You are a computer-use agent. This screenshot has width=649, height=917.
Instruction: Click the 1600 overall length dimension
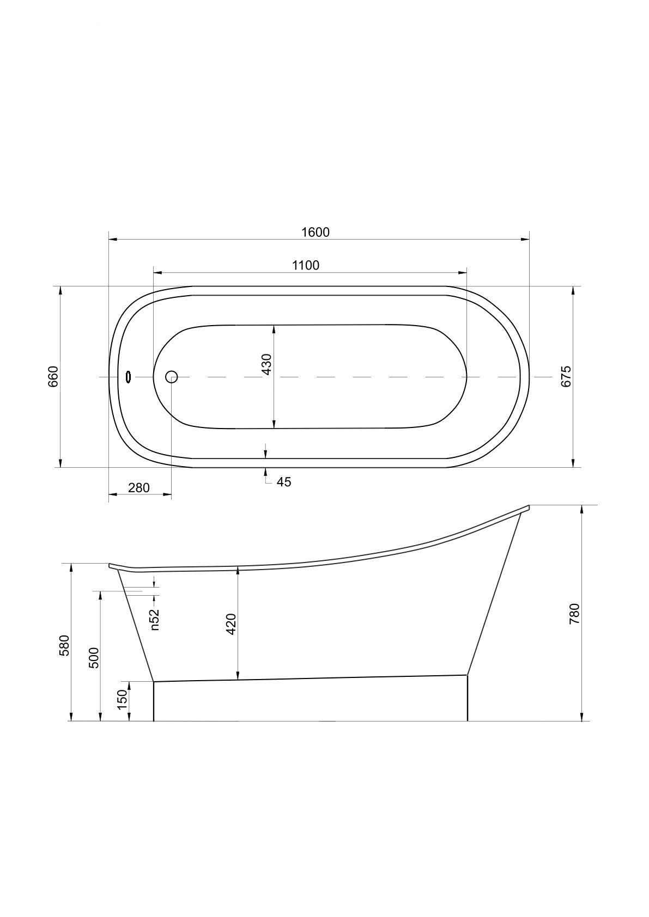tap(316, 232)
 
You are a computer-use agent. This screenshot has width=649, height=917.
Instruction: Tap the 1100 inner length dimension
tap(306, 265)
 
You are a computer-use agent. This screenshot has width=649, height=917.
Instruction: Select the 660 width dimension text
tap(53, 377)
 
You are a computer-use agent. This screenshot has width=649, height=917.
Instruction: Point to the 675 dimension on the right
tap(566, 376)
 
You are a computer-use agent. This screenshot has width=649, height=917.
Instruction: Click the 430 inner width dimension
tap(266, 364)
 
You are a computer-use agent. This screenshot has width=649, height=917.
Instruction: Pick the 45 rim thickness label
tap(283, 482)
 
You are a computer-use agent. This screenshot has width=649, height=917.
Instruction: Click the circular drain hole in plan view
tap(171, 376)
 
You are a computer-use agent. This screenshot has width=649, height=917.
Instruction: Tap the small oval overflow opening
tap(129, 377)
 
